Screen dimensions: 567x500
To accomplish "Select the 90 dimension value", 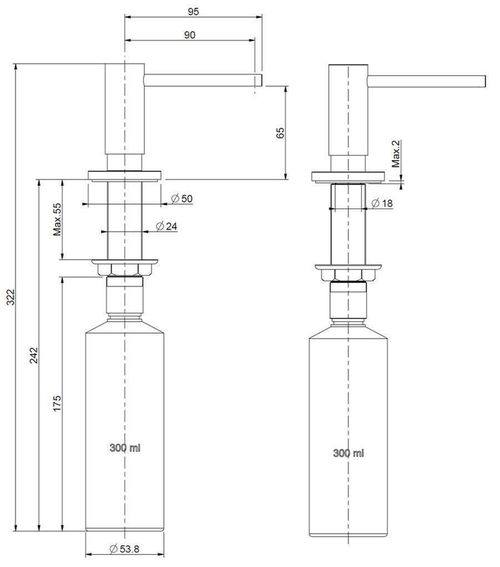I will click(x=190, y=37).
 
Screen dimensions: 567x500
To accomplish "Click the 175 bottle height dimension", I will click(x=57, y=405).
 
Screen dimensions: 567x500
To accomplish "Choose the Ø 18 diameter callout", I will click(x=384, y=203).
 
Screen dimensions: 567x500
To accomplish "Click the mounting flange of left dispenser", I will click(x=124, y=174).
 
